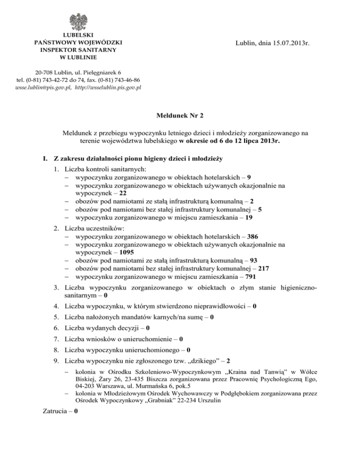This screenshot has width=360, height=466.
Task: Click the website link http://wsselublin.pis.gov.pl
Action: pos(108,87)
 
